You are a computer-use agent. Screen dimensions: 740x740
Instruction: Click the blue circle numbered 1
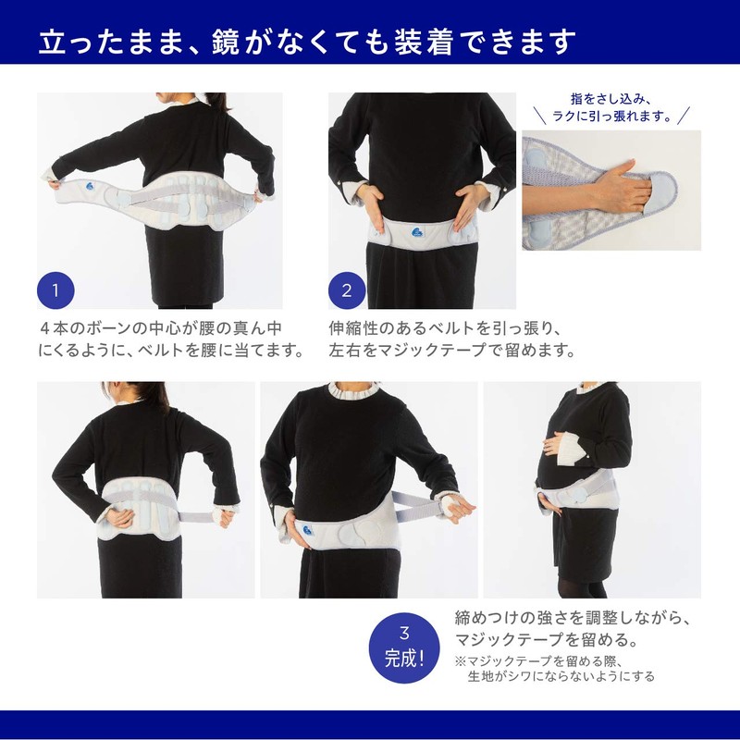[55, 290]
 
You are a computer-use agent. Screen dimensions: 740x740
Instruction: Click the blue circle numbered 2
[347, 290]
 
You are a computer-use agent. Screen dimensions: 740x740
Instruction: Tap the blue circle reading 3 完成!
[404, 647]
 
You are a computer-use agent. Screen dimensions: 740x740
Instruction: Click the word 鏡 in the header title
[226, 42]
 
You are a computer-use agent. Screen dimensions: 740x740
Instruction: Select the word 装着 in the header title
[424, 42]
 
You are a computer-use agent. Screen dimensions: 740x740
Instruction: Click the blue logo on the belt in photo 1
[90, 186]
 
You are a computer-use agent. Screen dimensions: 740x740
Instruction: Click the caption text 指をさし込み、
[611, 99]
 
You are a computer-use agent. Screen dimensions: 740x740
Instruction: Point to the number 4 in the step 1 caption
[44, 328]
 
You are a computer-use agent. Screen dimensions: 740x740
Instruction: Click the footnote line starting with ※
[539, 660]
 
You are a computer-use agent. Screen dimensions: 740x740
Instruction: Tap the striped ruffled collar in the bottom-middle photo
[353, 389]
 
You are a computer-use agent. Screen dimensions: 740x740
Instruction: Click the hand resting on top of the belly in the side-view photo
[554, 444]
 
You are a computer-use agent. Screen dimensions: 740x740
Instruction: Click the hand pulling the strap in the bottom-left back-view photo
[223, 516]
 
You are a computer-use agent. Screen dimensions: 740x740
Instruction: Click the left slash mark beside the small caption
[540, 116]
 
